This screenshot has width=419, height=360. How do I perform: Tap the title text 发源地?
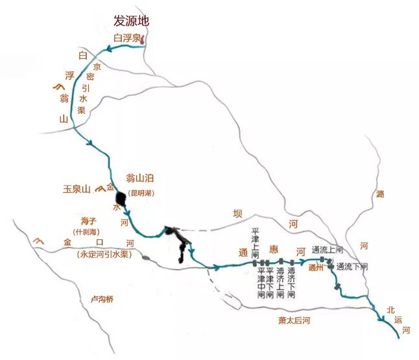pyautogui.click(x=132, y=21)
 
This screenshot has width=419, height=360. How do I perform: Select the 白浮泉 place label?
pyautogui.click(x=126, y=38)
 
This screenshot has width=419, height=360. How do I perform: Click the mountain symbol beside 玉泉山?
pyautogui.click(x=99, y=189)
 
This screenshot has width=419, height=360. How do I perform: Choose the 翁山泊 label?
pyautogui.click(x=141, y=178)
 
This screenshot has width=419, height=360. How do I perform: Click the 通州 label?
pyautogui.click(x=317, y=266)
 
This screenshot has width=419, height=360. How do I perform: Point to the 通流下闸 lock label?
pyautogui.click(x=352, y=266)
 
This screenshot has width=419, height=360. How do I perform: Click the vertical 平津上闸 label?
pyautogui.click(x=256, y=241)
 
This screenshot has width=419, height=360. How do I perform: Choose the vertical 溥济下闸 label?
pyautogui.click(x=291, y=282)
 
